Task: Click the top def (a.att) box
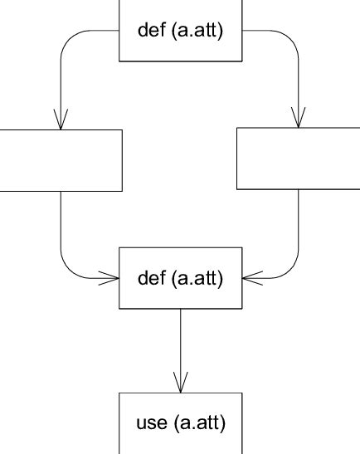(180, 31)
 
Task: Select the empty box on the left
(60, 159)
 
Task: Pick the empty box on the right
(299, 158)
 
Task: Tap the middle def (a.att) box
(180, 278)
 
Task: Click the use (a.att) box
(180, 423)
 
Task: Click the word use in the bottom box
(150, 423)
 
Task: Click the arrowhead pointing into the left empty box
(60, 120)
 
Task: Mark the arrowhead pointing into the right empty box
(299, 118)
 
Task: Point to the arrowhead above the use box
(180, 382)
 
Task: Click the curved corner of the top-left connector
(69, 38)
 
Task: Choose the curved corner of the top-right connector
(290, 38)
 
